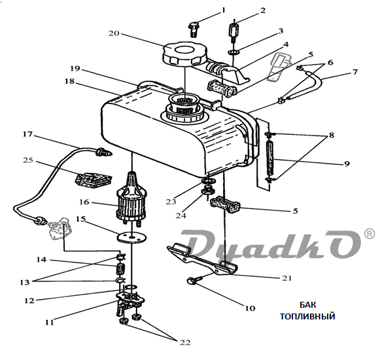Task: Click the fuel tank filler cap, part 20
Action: tap(185, 54)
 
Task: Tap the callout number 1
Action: tap(223, 10)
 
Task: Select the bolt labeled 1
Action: tap(194, 29)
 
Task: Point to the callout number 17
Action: tap(27, 134)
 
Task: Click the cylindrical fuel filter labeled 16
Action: tap(131, 198)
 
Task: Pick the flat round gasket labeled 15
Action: tap(131, 237)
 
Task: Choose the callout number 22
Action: tap(185, 342)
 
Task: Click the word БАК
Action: tap(307, 304)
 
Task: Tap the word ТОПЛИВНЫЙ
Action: tap(307, 316)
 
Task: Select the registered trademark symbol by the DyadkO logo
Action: tap(369, 234)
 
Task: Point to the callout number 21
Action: tap(287, 278)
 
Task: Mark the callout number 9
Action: tap(347, 164)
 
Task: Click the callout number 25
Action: tap(28, 160)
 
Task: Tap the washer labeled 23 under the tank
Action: tap(208, 181)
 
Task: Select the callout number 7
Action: tap(355, 71)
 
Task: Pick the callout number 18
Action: tap(69, 81)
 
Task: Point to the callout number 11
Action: tap(50, 322)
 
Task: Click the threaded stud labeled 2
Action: tap(233, 33)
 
